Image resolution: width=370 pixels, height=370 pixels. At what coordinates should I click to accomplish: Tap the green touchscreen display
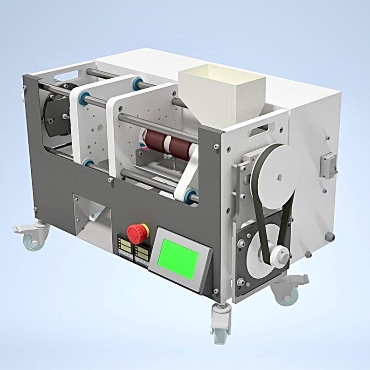[179, 258]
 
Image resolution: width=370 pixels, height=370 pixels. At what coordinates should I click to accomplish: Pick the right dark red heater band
[180, 145]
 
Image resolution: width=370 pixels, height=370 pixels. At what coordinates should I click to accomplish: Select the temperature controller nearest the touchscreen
[141, 252]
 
